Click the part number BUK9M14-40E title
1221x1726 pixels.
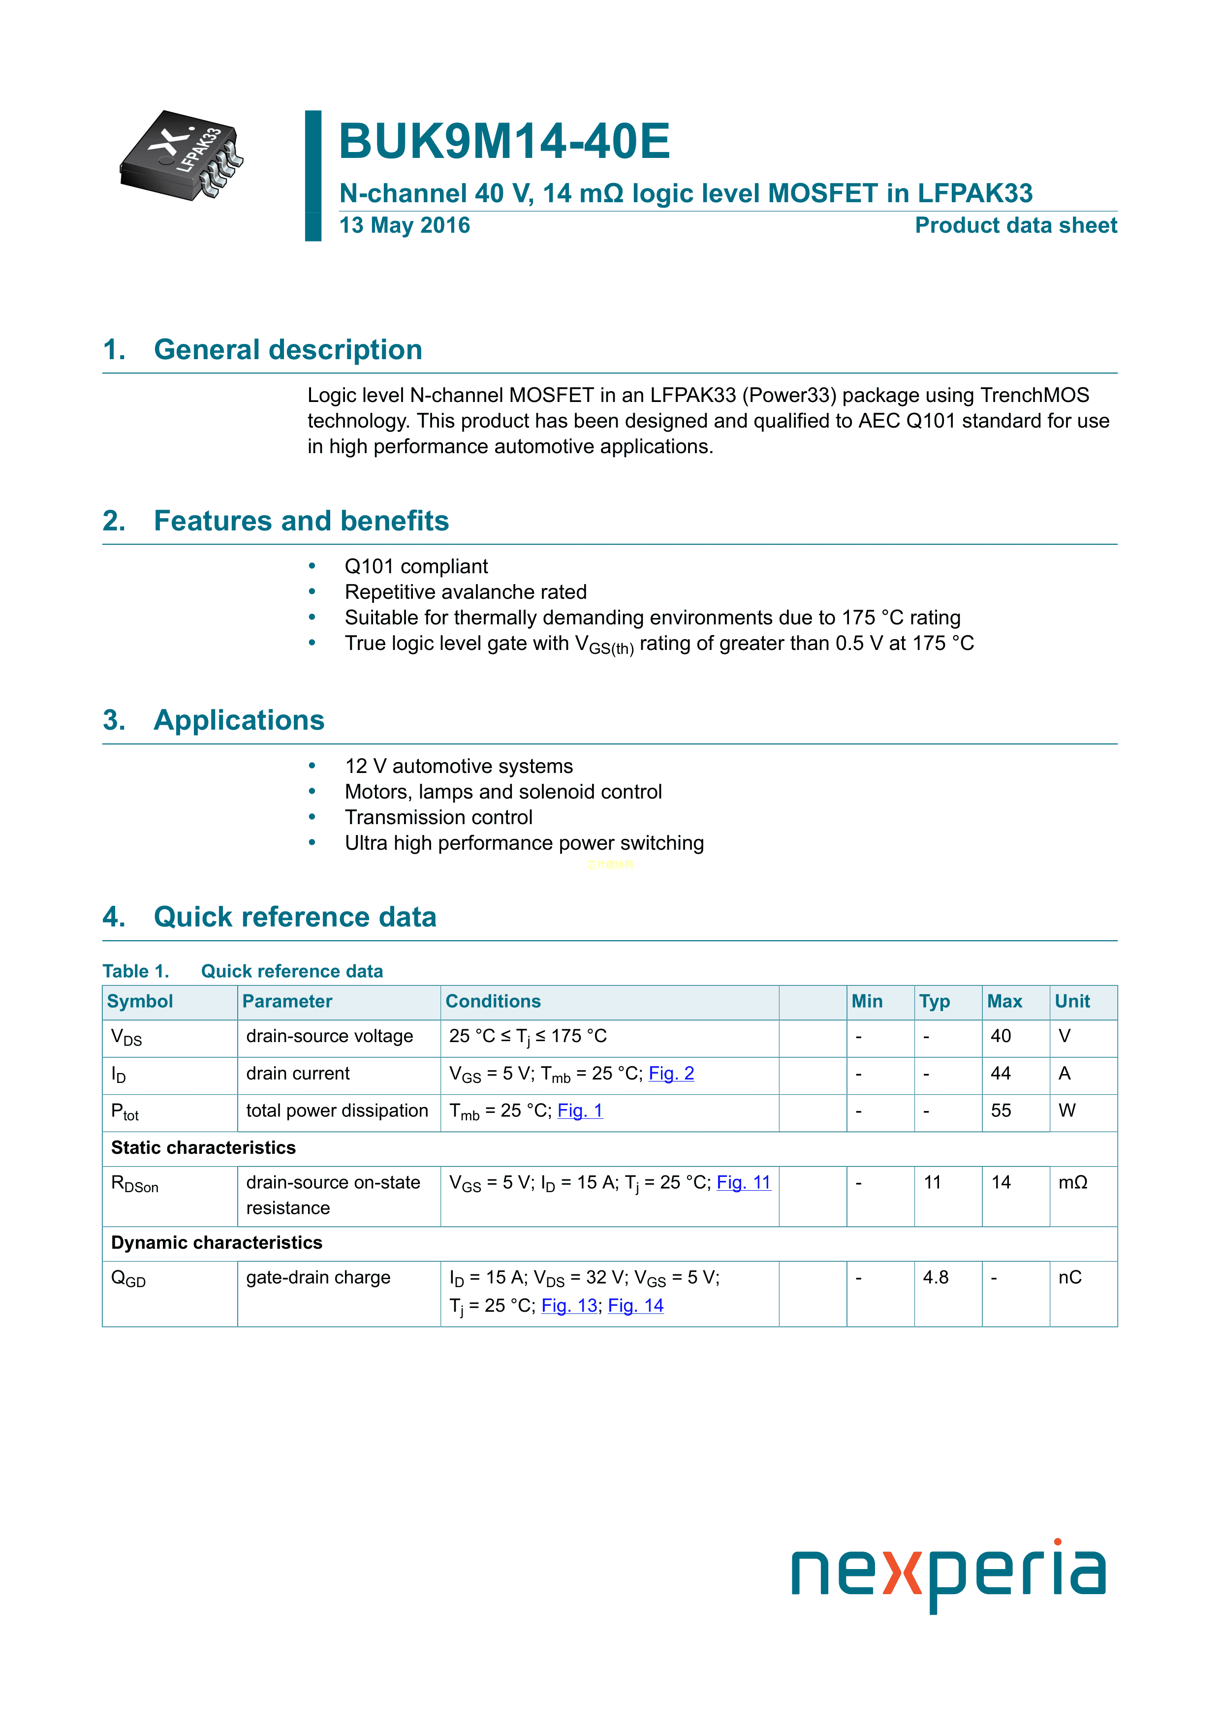coord(504,141)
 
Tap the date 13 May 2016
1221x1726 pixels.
coord(405,225)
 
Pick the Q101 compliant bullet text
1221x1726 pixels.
coord(416,567)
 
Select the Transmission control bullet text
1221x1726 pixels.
coord(438,818)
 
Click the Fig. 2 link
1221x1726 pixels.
coord(671,1074)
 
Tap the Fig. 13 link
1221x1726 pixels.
coord(569,1306)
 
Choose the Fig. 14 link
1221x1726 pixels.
coord(635,1306)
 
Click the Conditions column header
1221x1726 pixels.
coord(493,1001)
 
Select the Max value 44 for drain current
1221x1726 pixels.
coord(1001,1074)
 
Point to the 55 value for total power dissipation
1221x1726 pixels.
coord(1001,1111)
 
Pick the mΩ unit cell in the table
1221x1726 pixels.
coord(1073,1183)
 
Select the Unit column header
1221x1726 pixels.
coord(1072,1001)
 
